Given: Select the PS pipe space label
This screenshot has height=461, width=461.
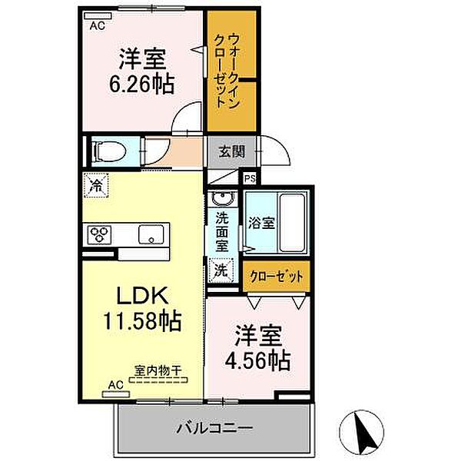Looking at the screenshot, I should point(249,178).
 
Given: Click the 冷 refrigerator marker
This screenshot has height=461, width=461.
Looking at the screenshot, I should point(98,185).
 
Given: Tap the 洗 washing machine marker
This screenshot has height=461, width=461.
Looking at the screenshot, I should point(220,270).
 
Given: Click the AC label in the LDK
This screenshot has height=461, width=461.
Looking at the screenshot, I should point(115,383).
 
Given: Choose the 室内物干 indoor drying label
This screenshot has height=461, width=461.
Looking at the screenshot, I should point(158,370).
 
